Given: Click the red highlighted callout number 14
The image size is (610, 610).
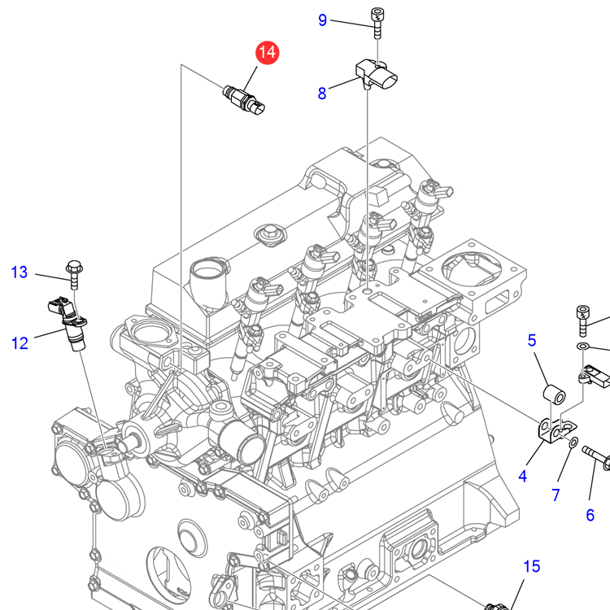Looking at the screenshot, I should (x=267, y=54).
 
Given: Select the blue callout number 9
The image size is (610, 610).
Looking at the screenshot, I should (x=322, y=20).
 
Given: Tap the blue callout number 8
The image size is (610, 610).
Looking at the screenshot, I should (x=322, y=94).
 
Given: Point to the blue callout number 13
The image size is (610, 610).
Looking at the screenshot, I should (x=20, y=272).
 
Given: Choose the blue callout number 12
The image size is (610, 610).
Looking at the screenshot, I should (x=20, y=343).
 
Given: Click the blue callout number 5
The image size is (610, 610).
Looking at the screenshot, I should (x=532, y=339).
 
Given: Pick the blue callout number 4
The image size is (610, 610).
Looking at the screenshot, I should (x=523, y=477).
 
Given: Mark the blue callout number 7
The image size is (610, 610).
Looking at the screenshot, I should (x=556, y=495).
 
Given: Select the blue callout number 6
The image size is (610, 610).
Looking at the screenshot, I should (x=590, y=514).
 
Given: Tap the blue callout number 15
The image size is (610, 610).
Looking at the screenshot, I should (x=531, y=567).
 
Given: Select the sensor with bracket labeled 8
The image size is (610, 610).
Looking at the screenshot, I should (x=379, y=76).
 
